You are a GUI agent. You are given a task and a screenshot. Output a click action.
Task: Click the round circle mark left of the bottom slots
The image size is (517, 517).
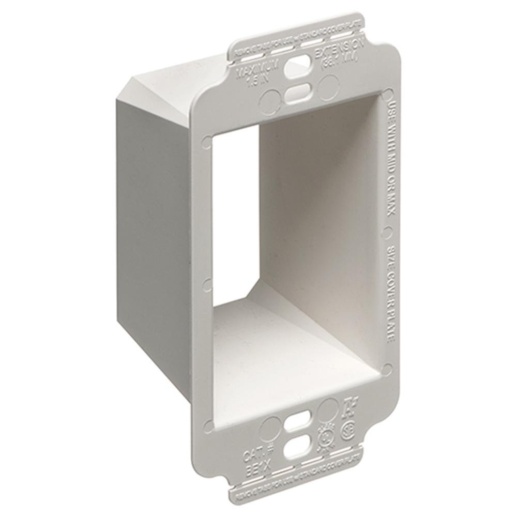tap(269, 427)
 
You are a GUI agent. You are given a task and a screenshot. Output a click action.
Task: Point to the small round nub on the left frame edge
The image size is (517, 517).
tap(207, 283)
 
